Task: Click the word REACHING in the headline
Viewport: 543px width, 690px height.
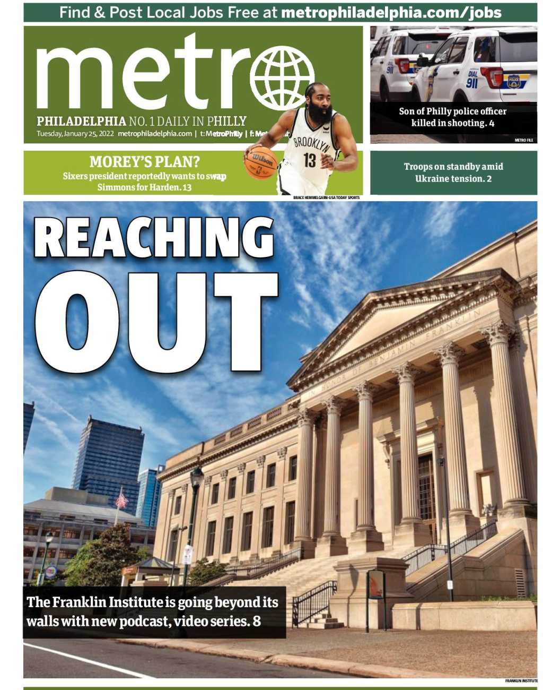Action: [x=154, y=238]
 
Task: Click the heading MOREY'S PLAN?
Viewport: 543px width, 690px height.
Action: [x=144, y=161]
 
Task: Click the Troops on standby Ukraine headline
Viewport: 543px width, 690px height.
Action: [x=453, y=172]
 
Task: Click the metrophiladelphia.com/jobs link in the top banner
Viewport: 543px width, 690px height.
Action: [x=391, y=12]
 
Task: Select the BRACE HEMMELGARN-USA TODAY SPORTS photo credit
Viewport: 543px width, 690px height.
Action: [x=326, y=198]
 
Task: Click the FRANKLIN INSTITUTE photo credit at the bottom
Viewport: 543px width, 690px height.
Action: [x=521, y=680]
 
